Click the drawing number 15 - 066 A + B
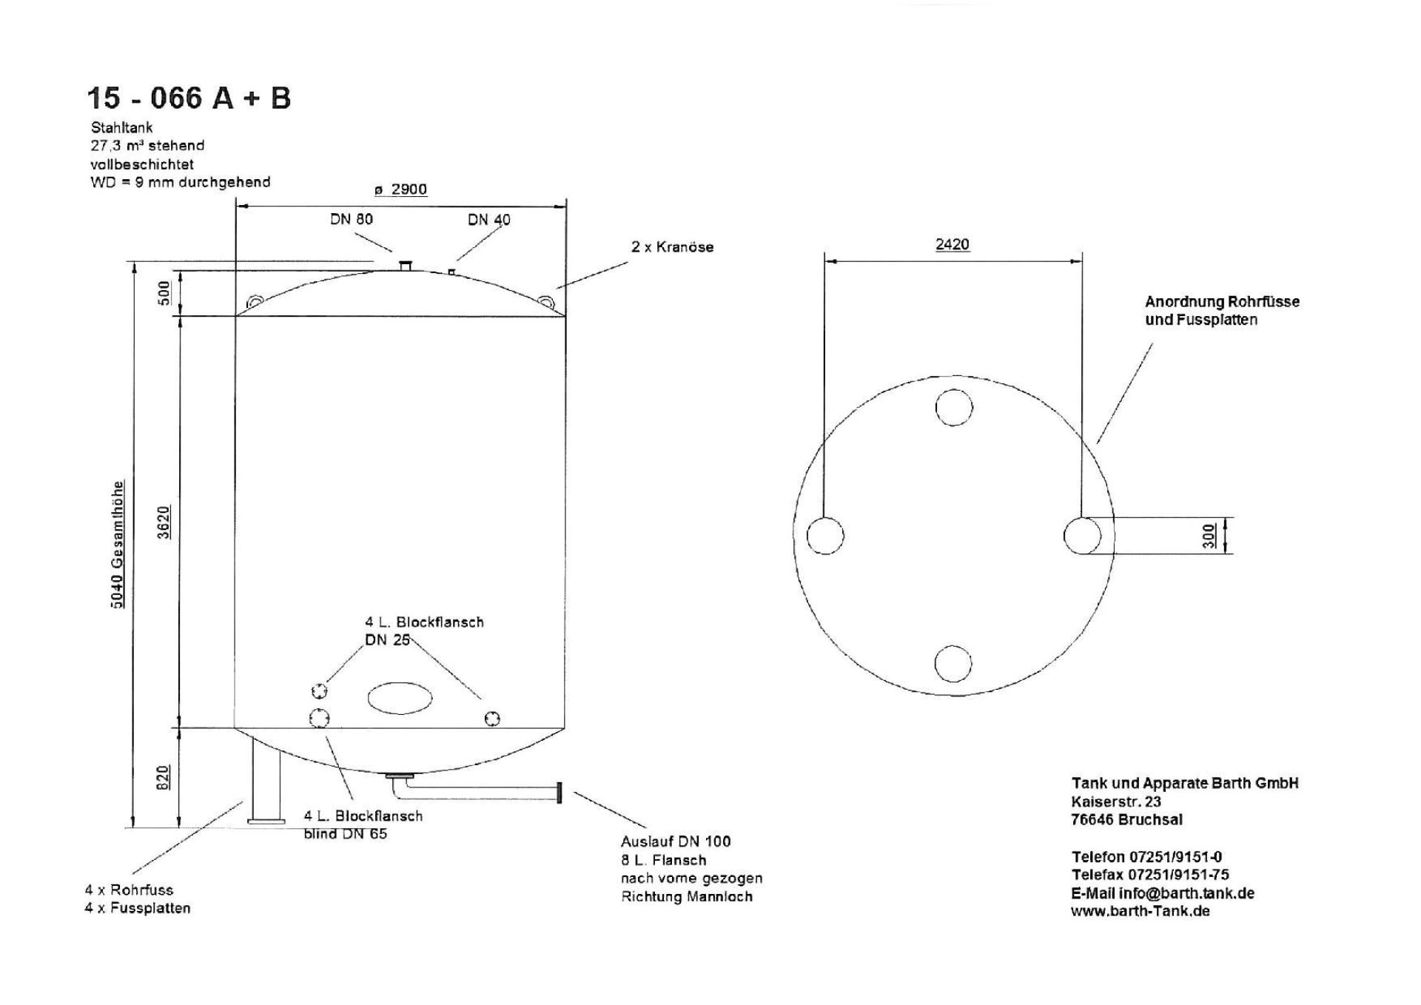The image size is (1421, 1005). pyautogui.click(x=189, y=98)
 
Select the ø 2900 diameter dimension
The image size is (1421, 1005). pyautogui.click(x=400, y=189)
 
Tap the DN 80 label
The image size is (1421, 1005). pyautogui.click(x=352, y=219)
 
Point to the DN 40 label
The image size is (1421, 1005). pyautogui.click(x=489, y=220)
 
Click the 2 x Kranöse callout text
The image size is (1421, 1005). pyautogui.click(x=673, y=247)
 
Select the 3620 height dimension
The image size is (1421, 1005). pyautogui.click(x=164, y=522)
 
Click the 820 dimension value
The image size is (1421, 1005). pyautogui.click(x=164, y=777)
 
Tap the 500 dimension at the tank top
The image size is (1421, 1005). pyautogui.click(x=164, y=292)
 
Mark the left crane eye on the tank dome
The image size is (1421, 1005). pyautogui.click(x=255, y=302)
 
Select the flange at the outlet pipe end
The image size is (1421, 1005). pyautogui.click(x=559, y=793)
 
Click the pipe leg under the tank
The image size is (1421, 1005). pyautogui.click(x=266, y=781)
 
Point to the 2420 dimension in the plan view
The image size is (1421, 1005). pyautogui.click(x=953, y=244)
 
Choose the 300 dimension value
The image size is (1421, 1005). pyautogui.click(x=1209, y=535)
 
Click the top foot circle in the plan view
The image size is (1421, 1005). pyautogui.click(x=954, y=407)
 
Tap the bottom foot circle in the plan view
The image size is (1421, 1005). pyautogui.click(x=953, y=663)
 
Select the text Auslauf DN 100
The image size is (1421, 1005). pyautogui.click(x=676, y=841)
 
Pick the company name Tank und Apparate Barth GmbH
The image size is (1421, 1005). pyautogui.click(x=1185, y=783)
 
